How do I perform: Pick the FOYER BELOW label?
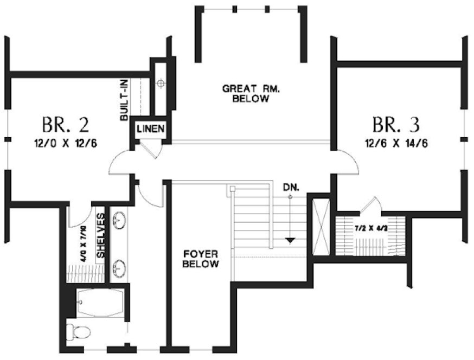201,259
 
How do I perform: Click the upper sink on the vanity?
120,220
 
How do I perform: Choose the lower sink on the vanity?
120,267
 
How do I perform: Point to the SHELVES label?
101,235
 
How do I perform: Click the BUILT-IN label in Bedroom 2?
124,99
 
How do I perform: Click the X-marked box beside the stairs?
321,227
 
